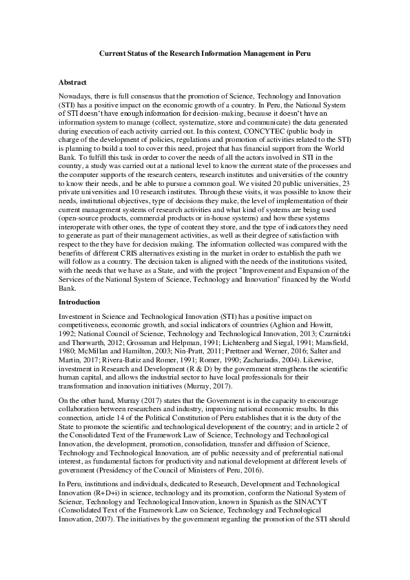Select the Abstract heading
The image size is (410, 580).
72,83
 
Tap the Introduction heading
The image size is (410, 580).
79,302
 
